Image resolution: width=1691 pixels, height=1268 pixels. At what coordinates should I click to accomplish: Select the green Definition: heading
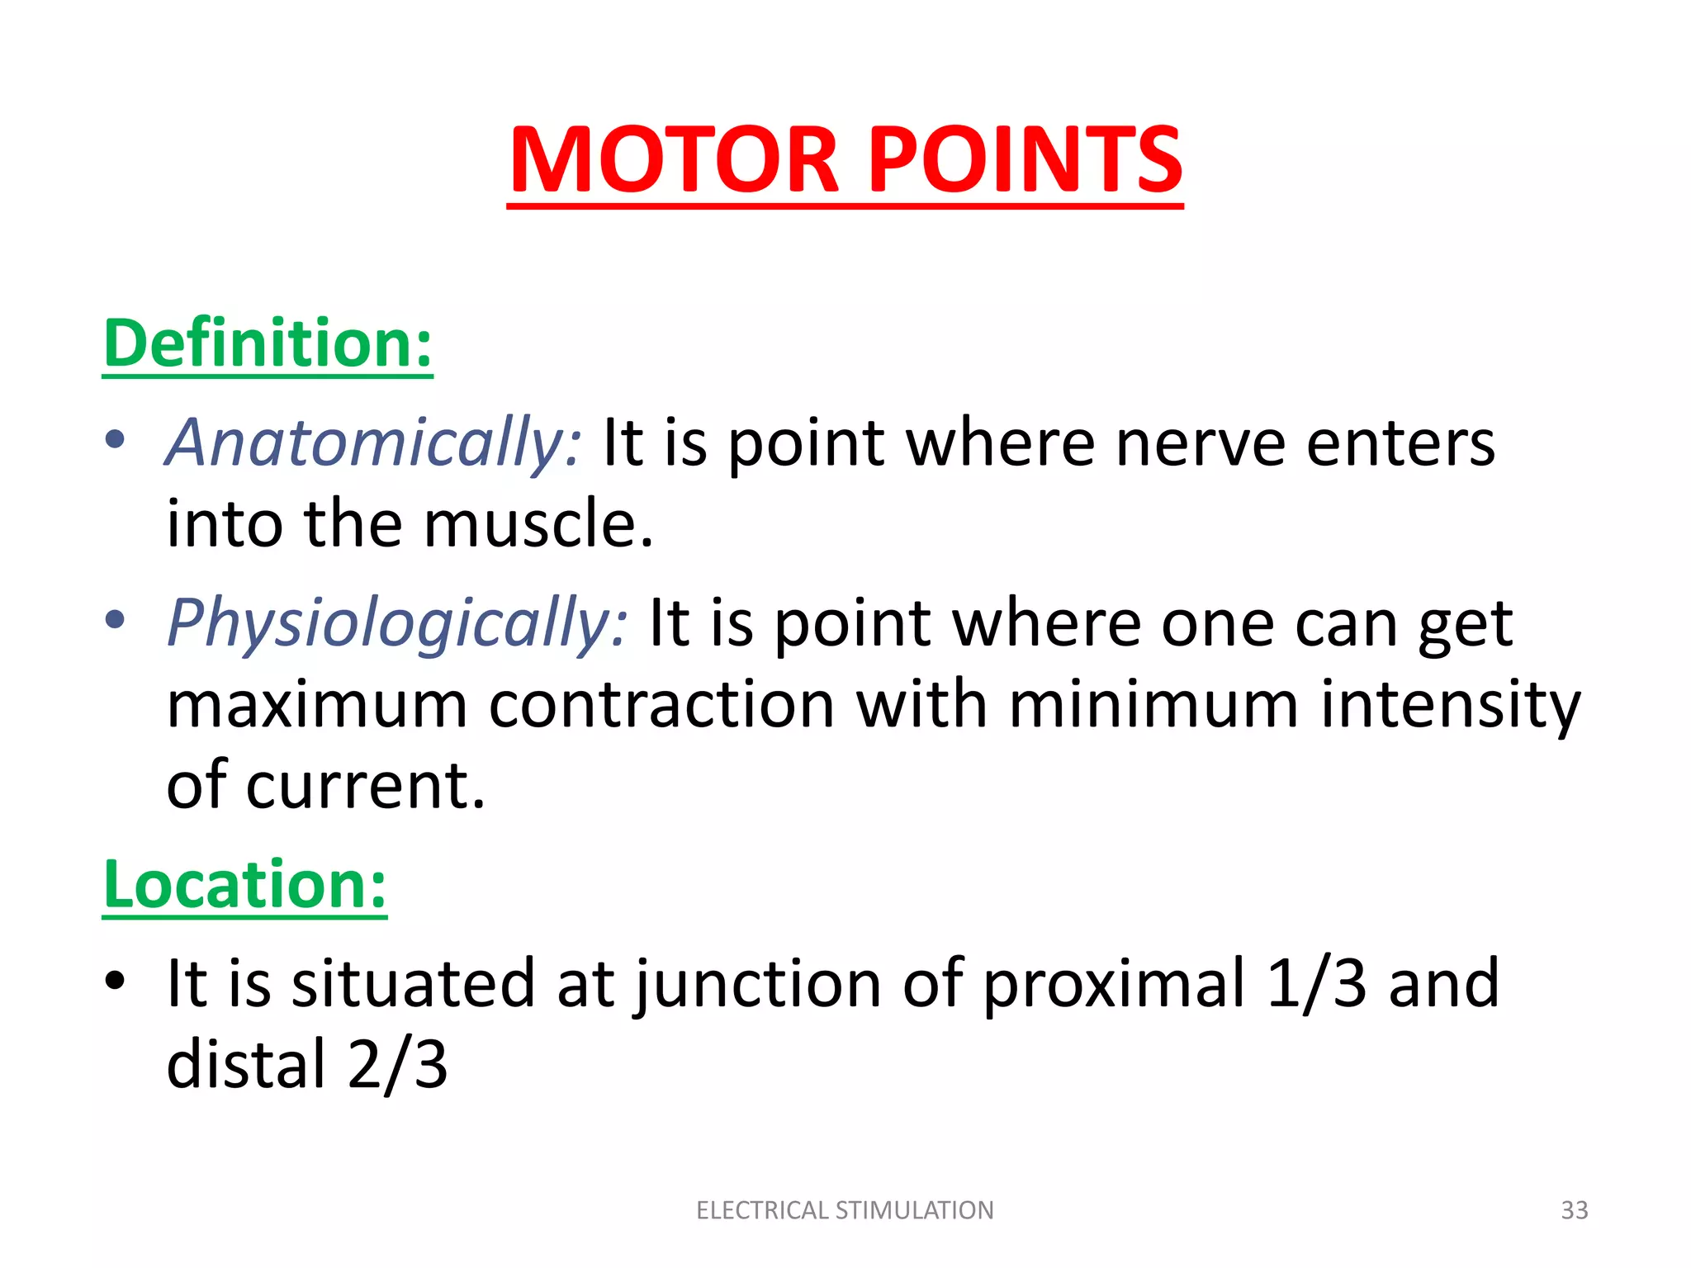tap(268, 343)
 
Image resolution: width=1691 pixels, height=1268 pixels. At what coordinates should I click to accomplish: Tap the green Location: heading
tap(244, 884)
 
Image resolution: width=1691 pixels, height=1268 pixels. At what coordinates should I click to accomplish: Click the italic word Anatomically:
tap(374, 443)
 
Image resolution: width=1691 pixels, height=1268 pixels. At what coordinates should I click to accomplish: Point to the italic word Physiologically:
tap(397, 623)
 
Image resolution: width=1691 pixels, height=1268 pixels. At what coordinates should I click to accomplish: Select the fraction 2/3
tap(397, 1064)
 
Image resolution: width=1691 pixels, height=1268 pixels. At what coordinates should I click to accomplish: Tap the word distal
tap(246, 1064)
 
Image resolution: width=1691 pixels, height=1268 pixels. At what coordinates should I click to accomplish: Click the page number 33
tap(1575, 1210)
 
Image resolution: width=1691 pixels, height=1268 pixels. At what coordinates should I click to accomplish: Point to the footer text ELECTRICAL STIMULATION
tap(845, 1210)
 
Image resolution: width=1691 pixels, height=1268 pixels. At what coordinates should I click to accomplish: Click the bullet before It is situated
tap(115, 980)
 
